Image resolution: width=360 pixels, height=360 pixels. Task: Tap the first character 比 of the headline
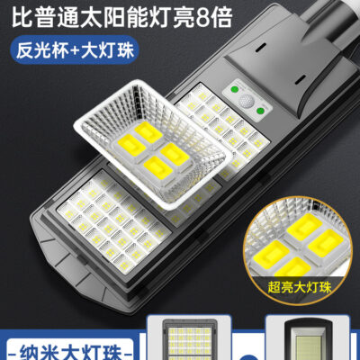22,18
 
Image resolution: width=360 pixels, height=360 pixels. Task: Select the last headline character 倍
222,18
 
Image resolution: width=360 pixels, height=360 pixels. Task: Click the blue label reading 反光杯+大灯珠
75,49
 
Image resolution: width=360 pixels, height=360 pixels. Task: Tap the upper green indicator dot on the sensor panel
235,90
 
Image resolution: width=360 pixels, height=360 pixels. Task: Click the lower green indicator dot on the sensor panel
259,111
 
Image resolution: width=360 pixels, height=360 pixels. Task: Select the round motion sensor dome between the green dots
247,101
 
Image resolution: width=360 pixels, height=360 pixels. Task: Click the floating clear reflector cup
153,144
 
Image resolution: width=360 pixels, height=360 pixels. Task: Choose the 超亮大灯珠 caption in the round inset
300,287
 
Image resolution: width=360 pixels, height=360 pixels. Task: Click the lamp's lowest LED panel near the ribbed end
114,221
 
